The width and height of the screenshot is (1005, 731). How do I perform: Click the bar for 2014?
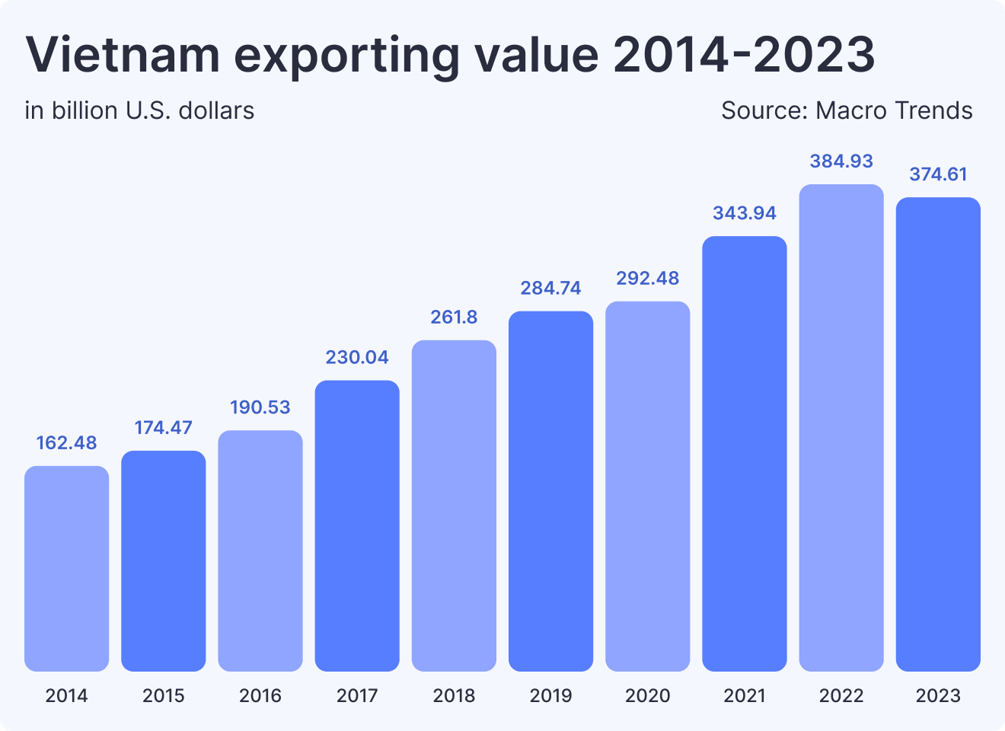tap(66, 568)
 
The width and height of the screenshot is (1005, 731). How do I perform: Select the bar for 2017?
tap(357, 525)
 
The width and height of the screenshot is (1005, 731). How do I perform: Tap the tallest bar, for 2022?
tap(841, 427)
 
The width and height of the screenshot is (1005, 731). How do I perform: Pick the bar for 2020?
tap(648, 486)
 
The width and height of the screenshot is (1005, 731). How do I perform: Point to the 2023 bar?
tap(938, 434)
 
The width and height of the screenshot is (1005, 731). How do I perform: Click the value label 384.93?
tap(841, 161)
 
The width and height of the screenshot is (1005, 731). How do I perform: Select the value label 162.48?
tap(66, 443)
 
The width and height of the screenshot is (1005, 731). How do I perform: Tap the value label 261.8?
tap(454, 318)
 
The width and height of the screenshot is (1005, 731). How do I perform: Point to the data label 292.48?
tap(648, 279)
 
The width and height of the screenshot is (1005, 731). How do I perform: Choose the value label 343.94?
tap(745, 213)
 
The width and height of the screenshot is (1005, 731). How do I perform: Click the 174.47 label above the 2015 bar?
tap(164, 428)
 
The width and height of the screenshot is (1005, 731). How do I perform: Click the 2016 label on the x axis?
tap(260, 695)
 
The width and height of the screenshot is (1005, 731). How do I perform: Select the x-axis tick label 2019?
tap(550, 695)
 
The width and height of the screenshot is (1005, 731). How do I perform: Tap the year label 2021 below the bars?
tap(745, 695)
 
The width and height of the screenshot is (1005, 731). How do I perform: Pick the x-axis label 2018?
tap(454, 695)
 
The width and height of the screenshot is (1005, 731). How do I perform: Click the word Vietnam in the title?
tap(122, 55)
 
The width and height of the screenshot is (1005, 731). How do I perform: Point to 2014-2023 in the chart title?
tap(744, 55)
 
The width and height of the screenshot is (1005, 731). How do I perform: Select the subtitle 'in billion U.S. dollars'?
tap(139, 111)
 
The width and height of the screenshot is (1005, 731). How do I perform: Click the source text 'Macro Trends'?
tap(894, 111)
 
